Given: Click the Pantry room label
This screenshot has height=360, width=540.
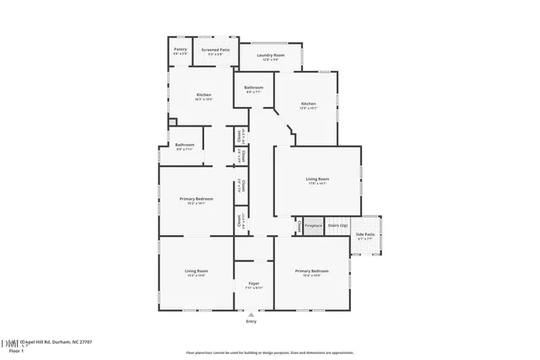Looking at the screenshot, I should click(x=181, y=50).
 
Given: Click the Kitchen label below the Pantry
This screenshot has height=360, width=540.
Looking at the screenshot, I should click(x=203, y=95).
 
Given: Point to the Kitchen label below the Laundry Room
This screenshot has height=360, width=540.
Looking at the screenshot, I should click(x=308, y=105).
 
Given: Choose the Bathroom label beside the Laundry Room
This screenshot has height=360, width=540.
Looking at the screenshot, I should click(x=254, y=89).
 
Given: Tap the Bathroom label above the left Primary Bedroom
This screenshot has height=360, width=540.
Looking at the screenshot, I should click(x=185, y=145).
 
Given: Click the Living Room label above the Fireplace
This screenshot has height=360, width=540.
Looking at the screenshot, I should click(x=317, y=179).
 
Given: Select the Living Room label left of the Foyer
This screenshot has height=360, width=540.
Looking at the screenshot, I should click(x=197, y=271).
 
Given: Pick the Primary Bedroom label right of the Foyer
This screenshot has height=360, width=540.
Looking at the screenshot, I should click(x=311, y=271).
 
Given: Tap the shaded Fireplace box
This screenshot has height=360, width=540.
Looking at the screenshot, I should click(x=313, y=226).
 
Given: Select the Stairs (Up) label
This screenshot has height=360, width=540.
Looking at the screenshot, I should click(x=337, y=226).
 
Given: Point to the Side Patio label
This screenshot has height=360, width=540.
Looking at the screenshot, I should click(x=365, y=237).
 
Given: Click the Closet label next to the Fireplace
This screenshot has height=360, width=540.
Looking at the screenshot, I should click(x=298, y=226).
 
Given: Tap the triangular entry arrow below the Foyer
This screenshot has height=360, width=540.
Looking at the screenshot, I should click(x=251, y=314).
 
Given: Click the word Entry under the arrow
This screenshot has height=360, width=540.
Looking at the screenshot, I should click(x=251, y=321).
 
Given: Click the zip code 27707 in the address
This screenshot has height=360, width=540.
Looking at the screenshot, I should click(x=85, y=342).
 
